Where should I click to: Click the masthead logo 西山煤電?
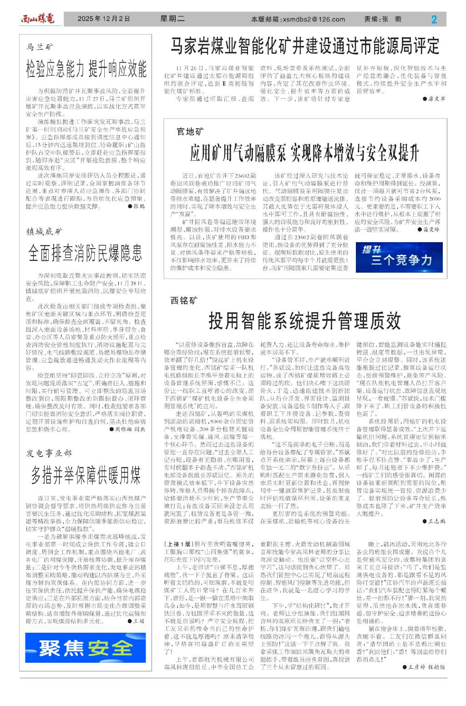[x=37, y=19]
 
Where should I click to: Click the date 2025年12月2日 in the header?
[x=104, y=19]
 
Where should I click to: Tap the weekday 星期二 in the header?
[x=172, y=19]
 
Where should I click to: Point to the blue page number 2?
[x=434, y=19]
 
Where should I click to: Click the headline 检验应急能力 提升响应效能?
[x=86, y=69]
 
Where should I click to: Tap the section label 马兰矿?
[x=40, y=47]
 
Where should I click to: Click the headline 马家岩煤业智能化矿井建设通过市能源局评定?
[x=305, y=46]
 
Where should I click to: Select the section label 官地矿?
[x=190, y=132]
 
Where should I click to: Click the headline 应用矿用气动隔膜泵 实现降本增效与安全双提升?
[x=304, y=153]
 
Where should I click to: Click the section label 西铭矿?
[x=184, y=300]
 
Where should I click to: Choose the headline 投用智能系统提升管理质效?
[x=304, y=320]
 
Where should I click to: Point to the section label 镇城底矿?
[x=45, y=232]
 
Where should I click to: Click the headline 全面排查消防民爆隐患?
[x=85, y=253]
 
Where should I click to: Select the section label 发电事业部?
[x=49, y=453]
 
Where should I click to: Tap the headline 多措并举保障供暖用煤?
[x=86, y=475]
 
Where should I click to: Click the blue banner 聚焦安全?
[x=86, y=648]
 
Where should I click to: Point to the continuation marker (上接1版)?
[x=178, y=544]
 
